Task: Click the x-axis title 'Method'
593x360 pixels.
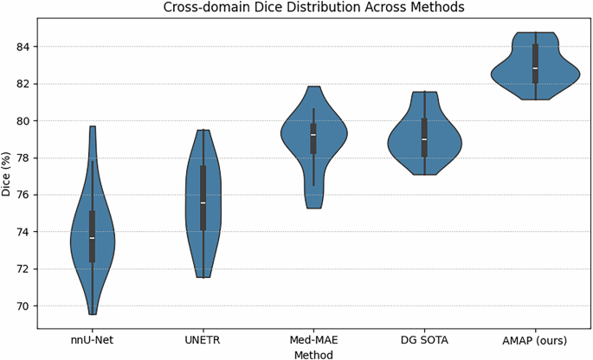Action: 314,353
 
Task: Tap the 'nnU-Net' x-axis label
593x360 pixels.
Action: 93,339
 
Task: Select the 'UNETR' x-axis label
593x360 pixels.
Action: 203,339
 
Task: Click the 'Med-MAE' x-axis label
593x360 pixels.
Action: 314,339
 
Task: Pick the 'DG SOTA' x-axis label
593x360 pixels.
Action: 424,339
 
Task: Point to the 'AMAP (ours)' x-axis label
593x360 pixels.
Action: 535,339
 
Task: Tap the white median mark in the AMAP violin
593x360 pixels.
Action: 535,68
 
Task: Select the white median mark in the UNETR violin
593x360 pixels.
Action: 203,202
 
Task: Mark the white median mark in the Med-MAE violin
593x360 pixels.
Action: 314,135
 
